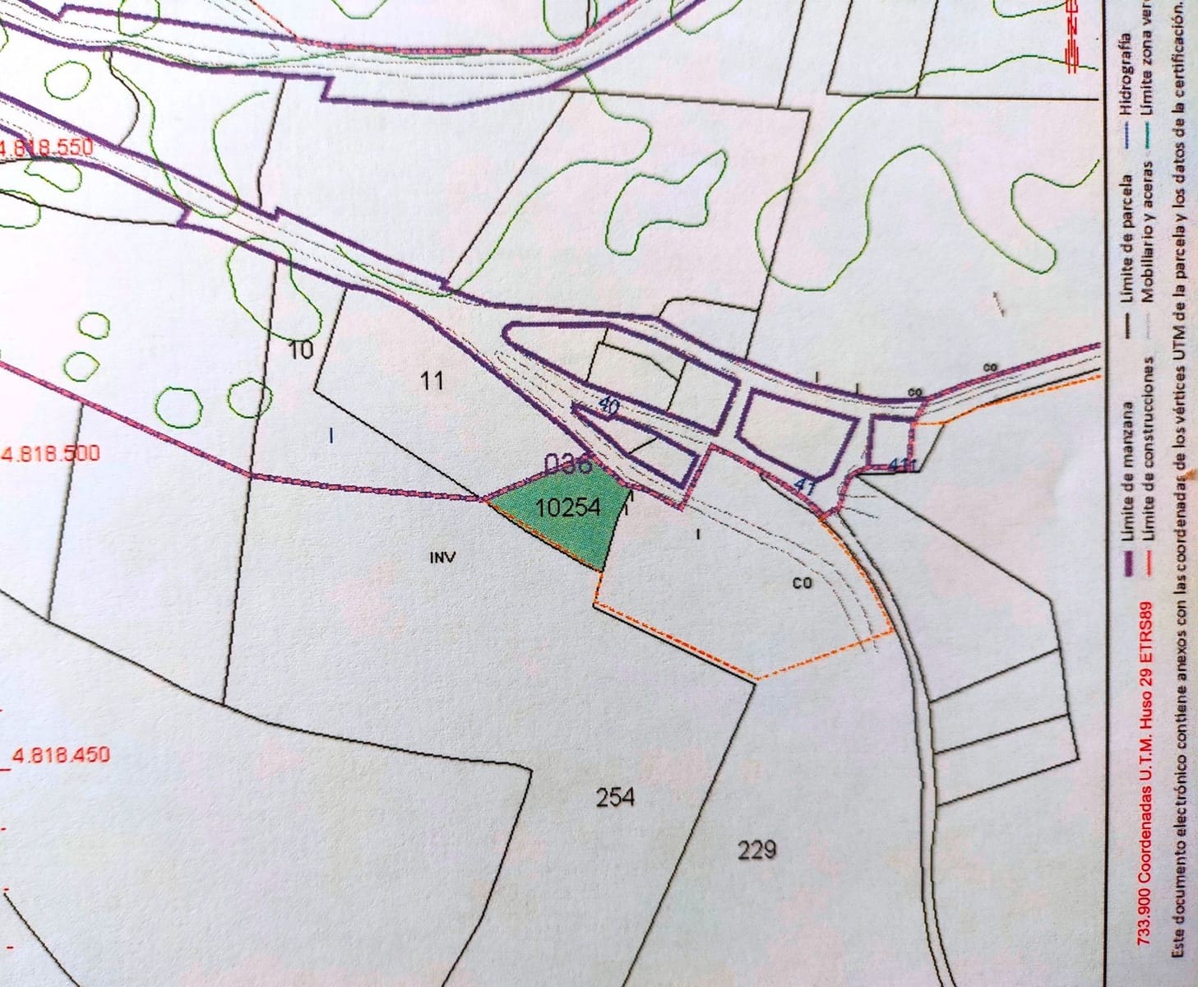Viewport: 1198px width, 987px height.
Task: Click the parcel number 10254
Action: [567, 507]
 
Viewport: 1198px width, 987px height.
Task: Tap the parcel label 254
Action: [615, 797]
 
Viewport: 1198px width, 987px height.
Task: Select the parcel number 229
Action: [756, 850]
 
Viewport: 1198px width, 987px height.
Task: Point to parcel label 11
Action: [432, 380]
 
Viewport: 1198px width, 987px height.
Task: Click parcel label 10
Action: [302, 350]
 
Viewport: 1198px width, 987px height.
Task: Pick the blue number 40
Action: [608, 405]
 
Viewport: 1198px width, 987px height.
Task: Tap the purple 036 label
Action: [569, 465]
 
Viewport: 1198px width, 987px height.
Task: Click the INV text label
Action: [442, 558]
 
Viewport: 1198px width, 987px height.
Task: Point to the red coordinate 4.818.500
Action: [50, 453]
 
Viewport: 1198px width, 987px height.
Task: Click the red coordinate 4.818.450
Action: [60, 754]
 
